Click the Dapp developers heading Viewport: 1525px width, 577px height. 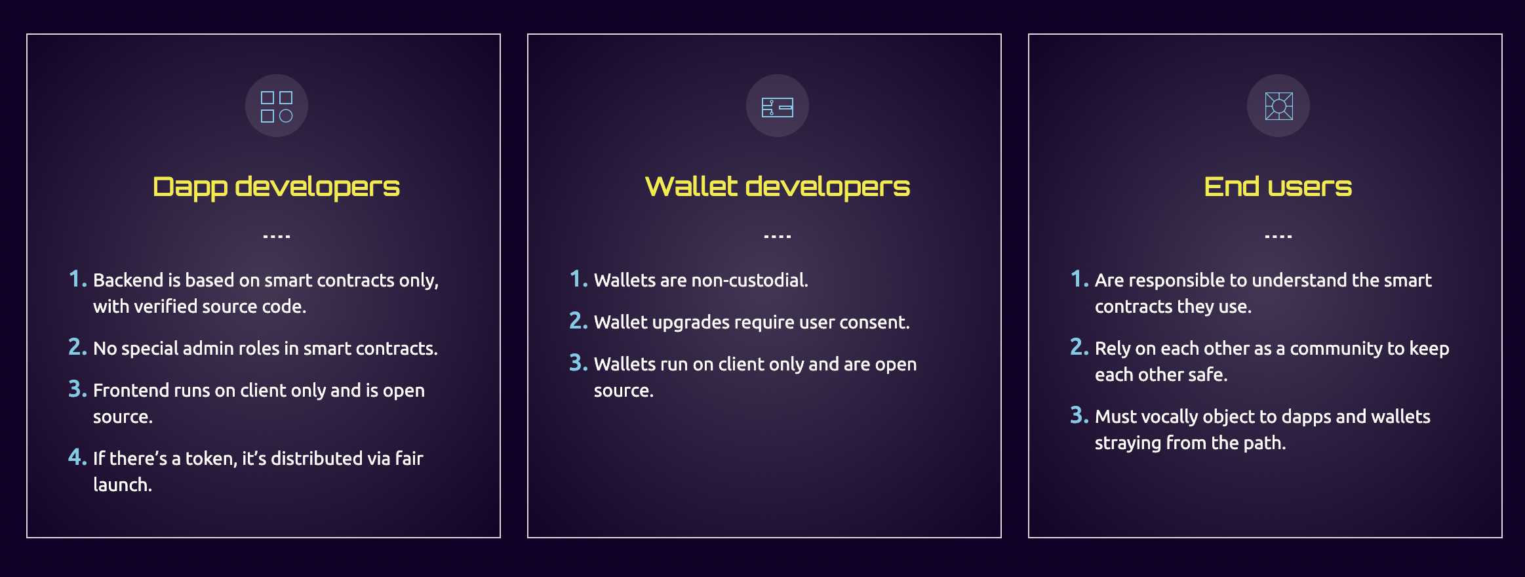(x=276, y=187)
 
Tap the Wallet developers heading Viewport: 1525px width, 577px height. (x=778, y=187)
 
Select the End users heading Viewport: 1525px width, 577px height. (x=1278, y=187)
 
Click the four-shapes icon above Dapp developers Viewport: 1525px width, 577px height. (x=277, y=106)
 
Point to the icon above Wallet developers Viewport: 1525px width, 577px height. (x=778, y=107)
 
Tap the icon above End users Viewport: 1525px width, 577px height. (x=1278, y=106)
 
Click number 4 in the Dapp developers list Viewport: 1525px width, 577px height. (x=77, y=457)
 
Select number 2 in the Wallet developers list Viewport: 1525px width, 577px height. (x=578, y=321)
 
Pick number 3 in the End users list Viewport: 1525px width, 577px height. (x=1079, y=415)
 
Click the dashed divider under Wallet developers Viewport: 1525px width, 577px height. (x=778, y=236)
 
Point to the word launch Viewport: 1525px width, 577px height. (x=123, y=485)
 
